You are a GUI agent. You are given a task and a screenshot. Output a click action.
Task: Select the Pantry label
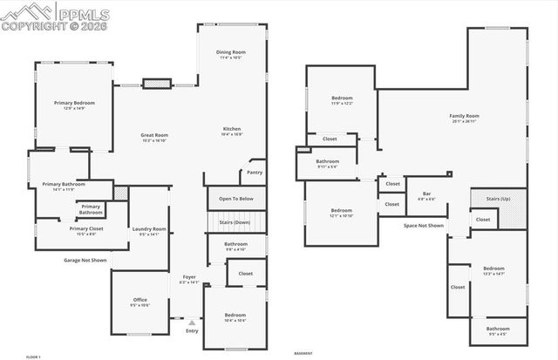pyautogui.click(x=255, y=172)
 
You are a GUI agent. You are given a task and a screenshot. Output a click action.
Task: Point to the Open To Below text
pyautogui.click(x=235, y=198)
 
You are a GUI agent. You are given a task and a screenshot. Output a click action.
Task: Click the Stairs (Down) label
pyautogui.click(x=235, y=223)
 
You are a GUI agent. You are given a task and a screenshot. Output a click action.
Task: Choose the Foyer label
pyautogui.click(x=189, y=280)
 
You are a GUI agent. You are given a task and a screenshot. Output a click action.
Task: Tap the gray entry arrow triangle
pyautogui.click(x=192, y=322)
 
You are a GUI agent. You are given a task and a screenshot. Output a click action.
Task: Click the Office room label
pyautogui.click(x=139, y=302)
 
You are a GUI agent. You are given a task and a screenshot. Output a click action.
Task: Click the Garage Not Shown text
pyautogui.click(x=85, y=260)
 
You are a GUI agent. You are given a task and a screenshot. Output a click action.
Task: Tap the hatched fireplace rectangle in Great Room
pyautogui.click(x=155, y=84)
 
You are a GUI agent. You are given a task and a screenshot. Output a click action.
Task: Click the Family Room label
pyautogui.click(x=464, y=118)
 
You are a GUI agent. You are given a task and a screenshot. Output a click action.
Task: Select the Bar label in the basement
pyautogui.click(x=426, y=195)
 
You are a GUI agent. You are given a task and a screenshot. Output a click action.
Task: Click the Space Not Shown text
pyautogui.click(x=423, y=225)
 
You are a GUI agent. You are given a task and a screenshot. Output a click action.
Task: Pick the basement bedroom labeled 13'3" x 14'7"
pyautogui.click(x=493, y=270)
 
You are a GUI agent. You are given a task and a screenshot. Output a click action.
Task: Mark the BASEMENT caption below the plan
pyautogui.click(x=303, y=354)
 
